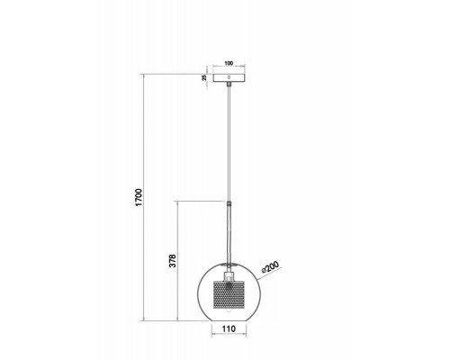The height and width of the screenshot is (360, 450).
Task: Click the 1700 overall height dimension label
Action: pos(139,197)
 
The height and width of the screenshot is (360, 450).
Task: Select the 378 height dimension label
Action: pos(173,261)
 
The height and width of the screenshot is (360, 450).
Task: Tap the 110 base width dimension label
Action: pos(229,328)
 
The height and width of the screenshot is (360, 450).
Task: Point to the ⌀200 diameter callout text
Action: pos(270,266)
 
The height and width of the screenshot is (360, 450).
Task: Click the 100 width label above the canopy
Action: pos(229,63)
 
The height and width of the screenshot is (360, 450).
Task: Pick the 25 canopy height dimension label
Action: pos(204,77)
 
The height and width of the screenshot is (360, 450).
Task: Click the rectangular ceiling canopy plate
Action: pos(229,77)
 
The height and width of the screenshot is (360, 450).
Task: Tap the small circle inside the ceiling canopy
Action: pos(229,77)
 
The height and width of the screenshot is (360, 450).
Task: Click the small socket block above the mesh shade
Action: pos(229,275)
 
